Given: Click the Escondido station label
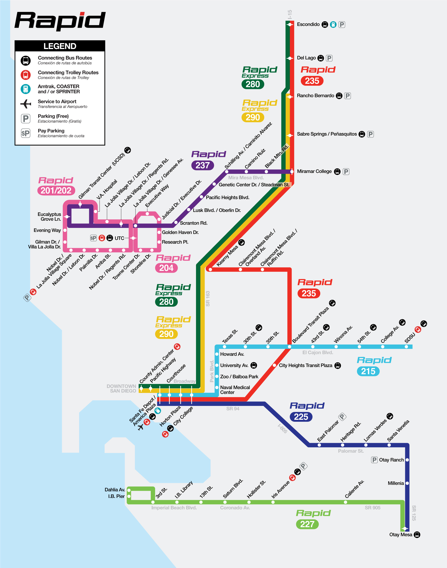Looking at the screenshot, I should coord(308,24).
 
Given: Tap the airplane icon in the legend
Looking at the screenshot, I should coord(26,104).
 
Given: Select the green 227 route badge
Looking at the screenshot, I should coord(307,524).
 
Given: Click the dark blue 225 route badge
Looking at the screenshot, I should coord(301,417).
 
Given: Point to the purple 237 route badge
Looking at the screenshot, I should coord(202,165).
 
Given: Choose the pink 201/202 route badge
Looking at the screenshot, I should coord(56,190).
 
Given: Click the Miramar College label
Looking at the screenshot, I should coord(314,171).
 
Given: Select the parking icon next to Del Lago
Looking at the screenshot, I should coord(329,58).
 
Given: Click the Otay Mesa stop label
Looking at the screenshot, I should coord(401,534).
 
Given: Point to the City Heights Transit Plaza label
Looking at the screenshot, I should coord(306,365).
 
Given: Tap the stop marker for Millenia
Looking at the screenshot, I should coord(407,483).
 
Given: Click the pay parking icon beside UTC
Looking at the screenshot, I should coord(93,238).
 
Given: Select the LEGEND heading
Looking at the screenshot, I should coord(60,46).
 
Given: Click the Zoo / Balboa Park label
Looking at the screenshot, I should coord(239,377).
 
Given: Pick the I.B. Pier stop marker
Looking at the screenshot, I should coord(129,496).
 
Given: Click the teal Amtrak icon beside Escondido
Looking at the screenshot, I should coord(333,25).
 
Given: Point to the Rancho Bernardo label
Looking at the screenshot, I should coord(315,96).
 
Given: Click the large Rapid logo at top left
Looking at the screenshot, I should coord(60,21).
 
